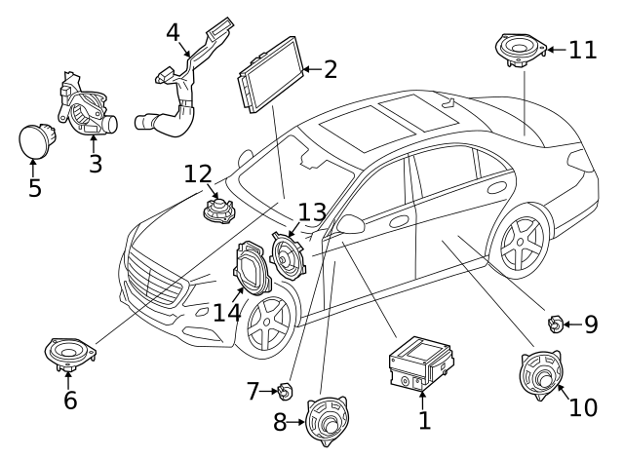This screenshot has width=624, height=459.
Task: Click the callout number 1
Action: [x=423, y=421]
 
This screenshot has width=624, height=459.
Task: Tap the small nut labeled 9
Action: [x=553, y=323]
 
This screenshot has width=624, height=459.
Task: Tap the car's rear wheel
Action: [x=520, y=240]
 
